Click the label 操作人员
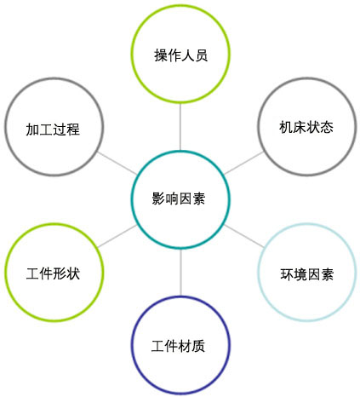(180, 55)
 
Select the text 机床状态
(306, 127)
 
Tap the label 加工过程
(53, 129)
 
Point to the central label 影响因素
(179, 198)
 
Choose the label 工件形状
(53, 273)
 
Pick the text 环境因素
(307, 274)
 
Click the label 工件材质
(178, 346)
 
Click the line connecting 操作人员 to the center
(180, 127)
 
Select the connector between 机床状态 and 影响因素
(244, 163)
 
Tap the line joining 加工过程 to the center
(117, 164)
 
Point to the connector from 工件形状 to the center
(117, 236)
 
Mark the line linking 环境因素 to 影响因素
(244, 236)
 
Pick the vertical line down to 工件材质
(180, 273)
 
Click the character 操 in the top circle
(161, 55)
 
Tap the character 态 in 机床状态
(327, 127)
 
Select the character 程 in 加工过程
(73, 129)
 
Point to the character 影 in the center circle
(158, 198)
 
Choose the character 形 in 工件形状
(60, 273)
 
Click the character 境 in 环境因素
(300, 274)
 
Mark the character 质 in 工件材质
(198, 346)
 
